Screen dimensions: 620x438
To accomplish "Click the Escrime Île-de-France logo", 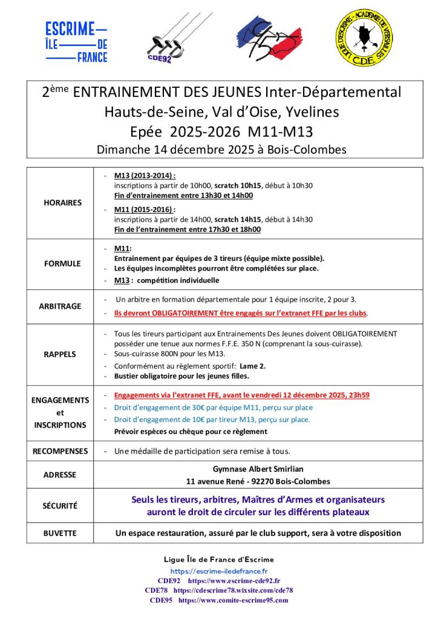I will pos(77,42).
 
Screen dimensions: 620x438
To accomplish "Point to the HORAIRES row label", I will pos(62,203).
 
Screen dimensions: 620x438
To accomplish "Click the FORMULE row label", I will pos(62,264).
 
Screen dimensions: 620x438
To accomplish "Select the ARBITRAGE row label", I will pos(62,306).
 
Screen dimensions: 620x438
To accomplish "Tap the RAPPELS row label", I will pos(62,354).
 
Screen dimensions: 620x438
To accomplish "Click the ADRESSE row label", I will pos(60,475).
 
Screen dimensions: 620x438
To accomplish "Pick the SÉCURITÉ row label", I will pos(60,506).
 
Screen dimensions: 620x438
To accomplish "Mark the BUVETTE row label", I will pos(60,533).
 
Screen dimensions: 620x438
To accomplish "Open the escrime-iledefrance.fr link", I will pos(219,570).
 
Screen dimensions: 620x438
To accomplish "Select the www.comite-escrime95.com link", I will pos(233,600).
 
